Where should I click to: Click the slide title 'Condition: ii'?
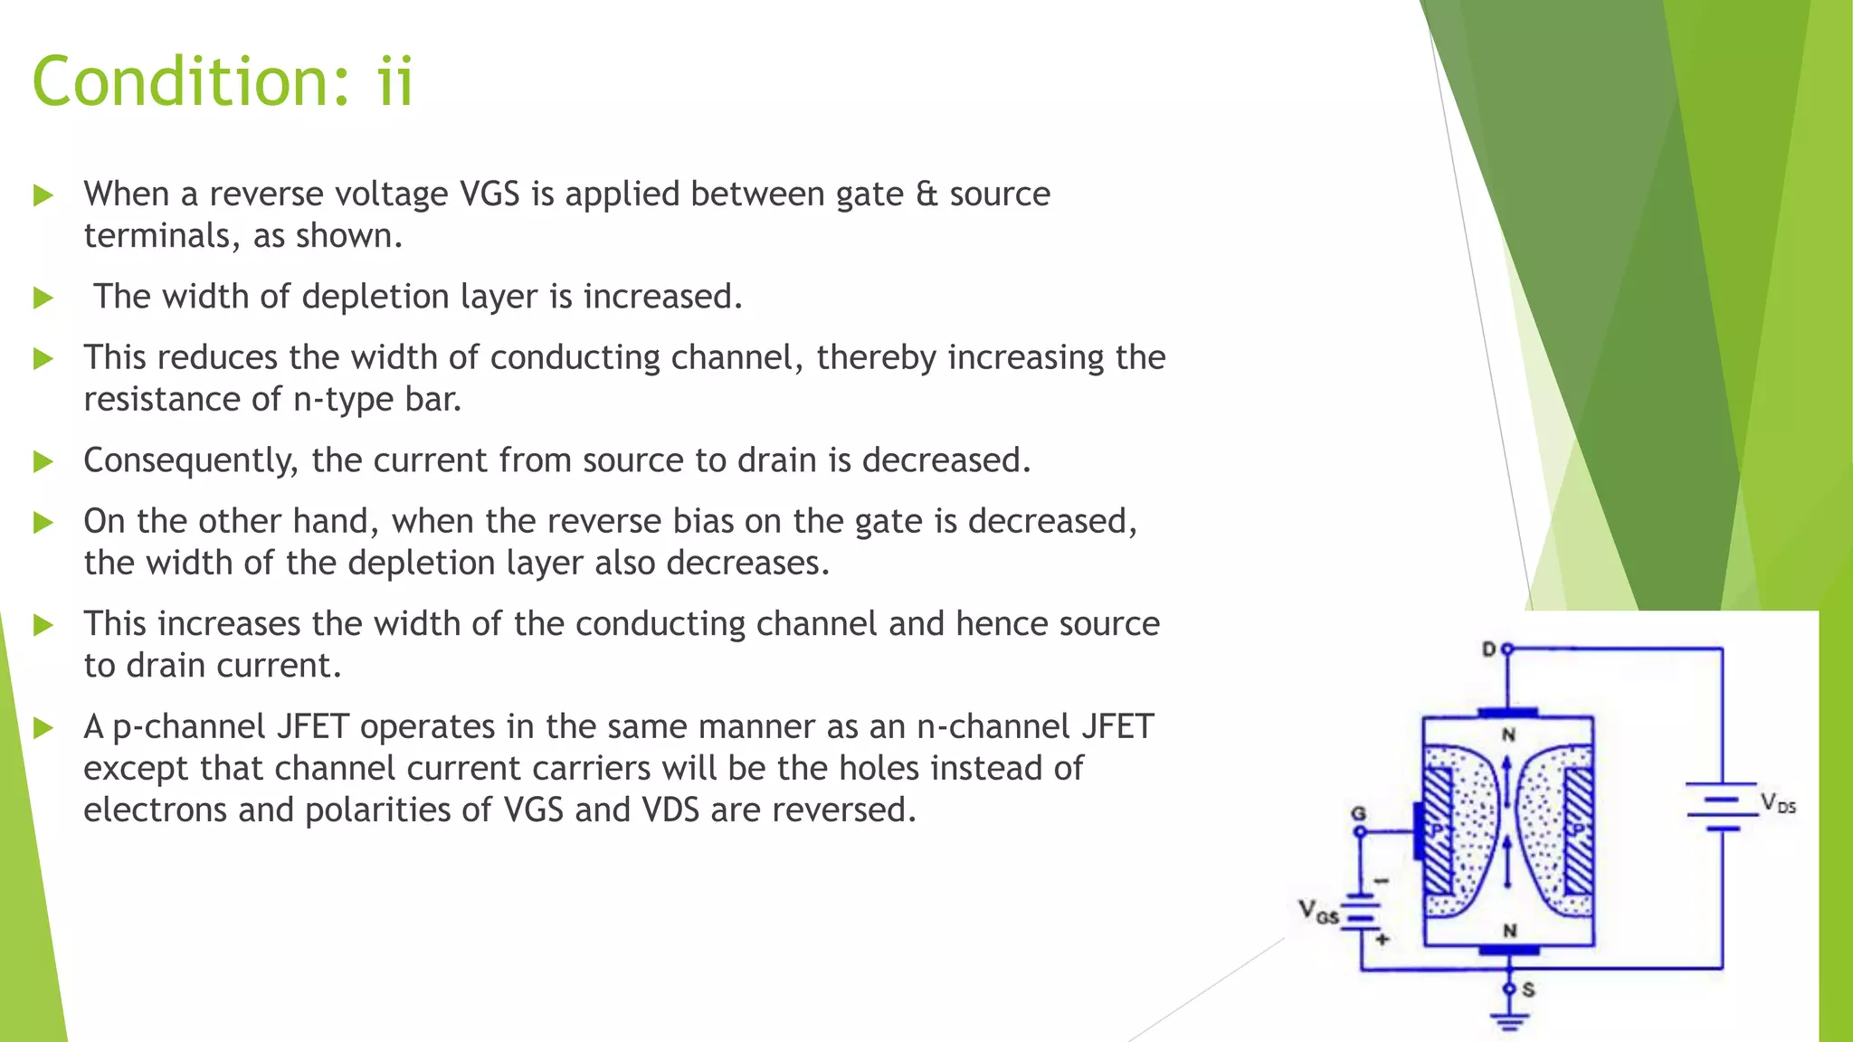tap(223, 81)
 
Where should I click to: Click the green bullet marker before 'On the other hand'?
tap(43, 522)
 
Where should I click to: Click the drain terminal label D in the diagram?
tap(1488, 649)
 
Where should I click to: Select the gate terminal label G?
tap(1358, 813)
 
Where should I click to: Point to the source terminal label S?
tap(1528, 990)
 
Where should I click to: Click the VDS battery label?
tap(1777, 803)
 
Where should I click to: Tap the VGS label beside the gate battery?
tap(1317, 911)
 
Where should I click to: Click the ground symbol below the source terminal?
tap(1508, 1022)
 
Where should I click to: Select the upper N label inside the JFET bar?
tap(1508, 734)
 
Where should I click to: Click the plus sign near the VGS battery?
tap(1382, 939)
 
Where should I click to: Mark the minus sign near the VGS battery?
tap(1381, 880)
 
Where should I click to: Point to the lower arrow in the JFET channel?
tap(1507, 862)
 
